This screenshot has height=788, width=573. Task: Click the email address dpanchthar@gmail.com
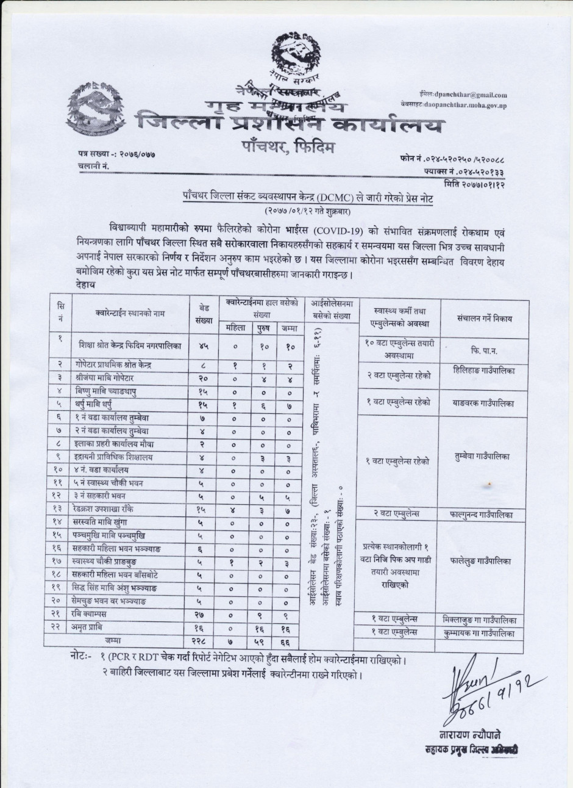(471, 95)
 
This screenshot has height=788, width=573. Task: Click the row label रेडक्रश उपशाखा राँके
(115, 508)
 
